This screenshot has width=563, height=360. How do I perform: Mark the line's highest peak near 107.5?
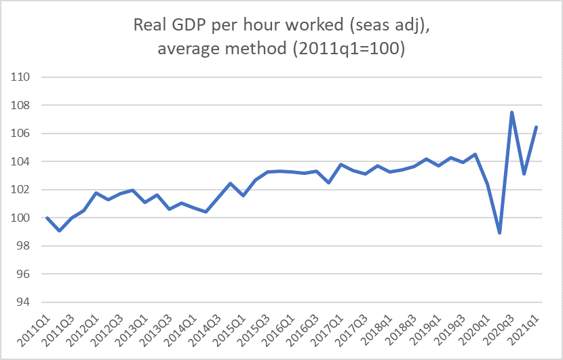[511, 113]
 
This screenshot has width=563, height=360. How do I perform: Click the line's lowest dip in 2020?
[499, 233]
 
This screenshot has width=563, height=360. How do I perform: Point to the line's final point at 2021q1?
[536, 127]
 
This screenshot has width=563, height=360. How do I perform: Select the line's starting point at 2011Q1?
[47, 218]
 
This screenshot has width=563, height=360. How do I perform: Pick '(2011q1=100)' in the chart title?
[353, 50]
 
